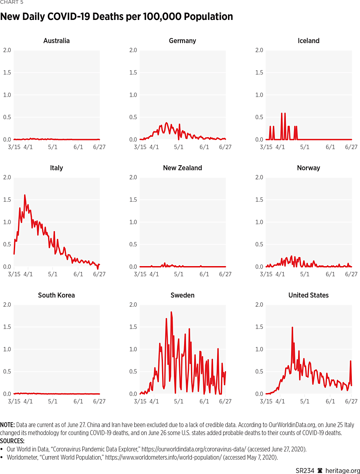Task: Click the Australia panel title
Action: [x=56, y=41]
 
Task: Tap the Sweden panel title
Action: [x=182, y=295]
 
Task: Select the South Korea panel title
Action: [x=56, y=295]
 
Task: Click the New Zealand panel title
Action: [x=182, y=168]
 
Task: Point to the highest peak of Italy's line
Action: [x=24, y=195]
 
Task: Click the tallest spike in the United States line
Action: [x=292, y=328]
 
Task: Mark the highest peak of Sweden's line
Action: [x=171, y=312]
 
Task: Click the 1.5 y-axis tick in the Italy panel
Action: [x=7, y=200]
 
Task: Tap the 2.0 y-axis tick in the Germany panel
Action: [x=133, y=50]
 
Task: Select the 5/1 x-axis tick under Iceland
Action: [x=305, y=147]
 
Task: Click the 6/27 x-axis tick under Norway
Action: [x=351, y=274]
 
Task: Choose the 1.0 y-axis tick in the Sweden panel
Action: [x=133, y=349]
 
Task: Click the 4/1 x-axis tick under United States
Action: [x=280, y=402]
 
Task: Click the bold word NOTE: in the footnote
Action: [x=8, y=425]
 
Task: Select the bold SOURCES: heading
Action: [x=12, y=441]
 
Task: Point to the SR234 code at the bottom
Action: [x=305, y=470]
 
